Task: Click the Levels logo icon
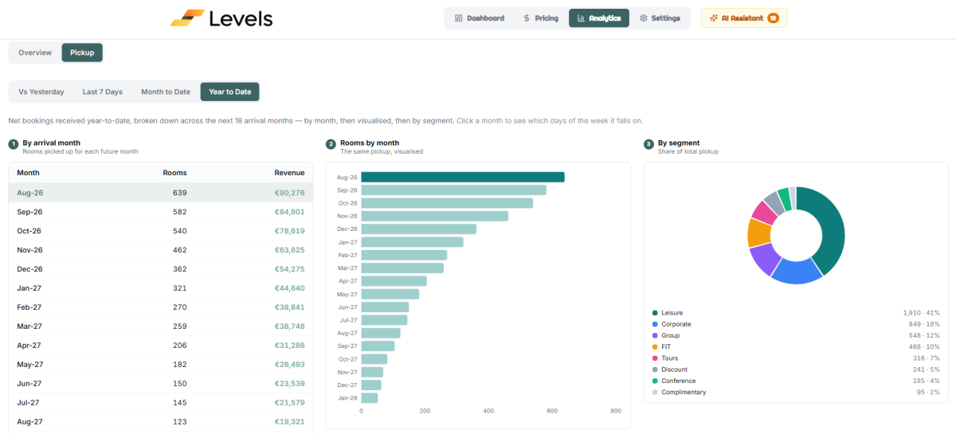point(187,18)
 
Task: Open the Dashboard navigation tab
point(480,18)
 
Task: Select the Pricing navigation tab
point(541,18)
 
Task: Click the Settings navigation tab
point(660,18)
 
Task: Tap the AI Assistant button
point(744,18)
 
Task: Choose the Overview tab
point(35,53)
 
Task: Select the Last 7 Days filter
point(103,92)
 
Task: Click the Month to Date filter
point(166,92)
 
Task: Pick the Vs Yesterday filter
point(41,92)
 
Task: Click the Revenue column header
point(289,173)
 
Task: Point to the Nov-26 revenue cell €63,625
point(289,250)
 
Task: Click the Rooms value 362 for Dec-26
point(180,269)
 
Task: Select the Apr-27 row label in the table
point(29,346)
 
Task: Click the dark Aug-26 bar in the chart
point(463,177)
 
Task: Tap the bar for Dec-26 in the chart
point(419,229)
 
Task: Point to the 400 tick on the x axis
point(488,411)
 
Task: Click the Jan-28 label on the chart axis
point(347,398)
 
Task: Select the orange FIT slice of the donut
point(760,233)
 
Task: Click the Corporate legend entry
point(676,324)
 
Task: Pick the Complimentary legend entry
point(684,392)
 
